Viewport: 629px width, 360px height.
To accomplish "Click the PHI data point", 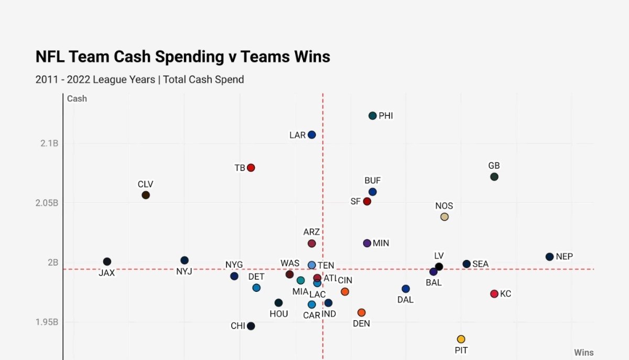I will (373, 116).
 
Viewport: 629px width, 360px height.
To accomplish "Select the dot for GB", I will (494, 177).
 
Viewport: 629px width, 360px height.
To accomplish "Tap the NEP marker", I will (549, 257).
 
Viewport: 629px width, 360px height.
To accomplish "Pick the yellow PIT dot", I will (461, 339).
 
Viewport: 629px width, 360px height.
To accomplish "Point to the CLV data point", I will (146, 195).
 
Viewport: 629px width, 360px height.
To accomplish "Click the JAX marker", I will (107, 261).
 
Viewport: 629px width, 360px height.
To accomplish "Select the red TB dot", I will (251, 168).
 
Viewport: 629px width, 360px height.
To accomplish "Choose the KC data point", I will (494, 294).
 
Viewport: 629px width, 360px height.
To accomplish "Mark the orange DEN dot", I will (362, 313).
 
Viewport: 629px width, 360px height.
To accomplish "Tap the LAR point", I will (312, 135).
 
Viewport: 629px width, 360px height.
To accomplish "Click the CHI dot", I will (251, 326).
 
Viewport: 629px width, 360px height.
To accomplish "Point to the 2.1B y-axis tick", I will (48, 144).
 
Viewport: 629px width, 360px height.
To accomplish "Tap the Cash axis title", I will (77, 99).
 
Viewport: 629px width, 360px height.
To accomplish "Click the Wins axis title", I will (583, 353).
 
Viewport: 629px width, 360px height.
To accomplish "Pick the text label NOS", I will (444, 206).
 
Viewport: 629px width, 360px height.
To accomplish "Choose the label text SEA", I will (480, 264).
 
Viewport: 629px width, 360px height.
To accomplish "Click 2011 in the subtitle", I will (47, 80).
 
